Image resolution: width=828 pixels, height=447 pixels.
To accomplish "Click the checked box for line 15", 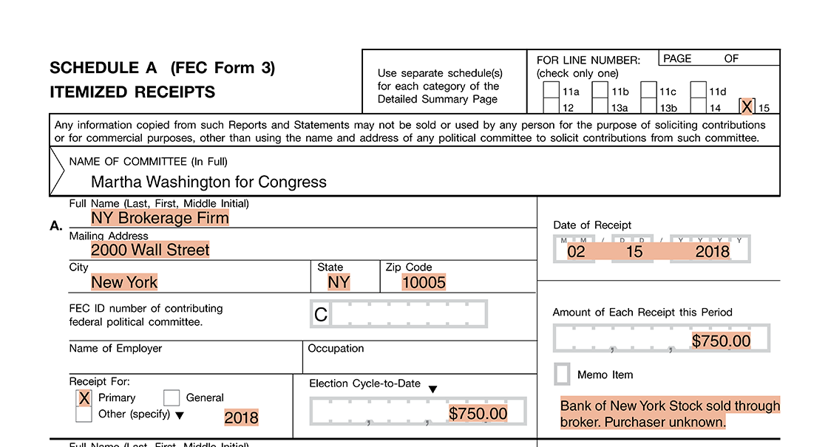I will click(747, 107).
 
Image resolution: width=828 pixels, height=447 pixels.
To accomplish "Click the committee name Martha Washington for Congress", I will click(208, 182).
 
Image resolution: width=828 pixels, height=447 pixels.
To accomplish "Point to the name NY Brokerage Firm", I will click(160, 218).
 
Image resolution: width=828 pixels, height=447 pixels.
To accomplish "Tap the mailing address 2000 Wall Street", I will click(150, 250).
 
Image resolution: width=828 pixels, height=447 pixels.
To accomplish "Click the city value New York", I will click(124, 282).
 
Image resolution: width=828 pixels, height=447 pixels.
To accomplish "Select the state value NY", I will click(339, 282).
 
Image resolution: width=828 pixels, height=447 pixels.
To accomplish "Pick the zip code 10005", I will click(424, 282).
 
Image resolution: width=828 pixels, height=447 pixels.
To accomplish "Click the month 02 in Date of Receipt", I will click(576, 251).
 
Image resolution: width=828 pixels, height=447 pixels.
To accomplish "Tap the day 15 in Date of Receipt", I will click(634, 251).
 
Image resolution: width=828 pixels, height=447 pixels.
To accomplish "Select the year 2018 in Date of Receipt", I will click(712, 251).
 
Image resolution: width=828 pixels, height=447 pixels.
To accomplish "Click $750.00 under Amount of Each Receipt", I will click(721, 341).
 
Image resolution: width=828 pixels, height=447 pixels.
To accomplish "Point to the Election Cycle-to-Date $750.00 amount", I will click(478, 414).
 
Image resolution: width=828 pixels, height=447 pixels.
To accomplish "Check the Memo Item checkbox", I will click(563, 375).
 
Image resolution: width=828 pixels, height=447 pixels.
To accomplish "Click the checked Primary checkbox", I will click(84, 398).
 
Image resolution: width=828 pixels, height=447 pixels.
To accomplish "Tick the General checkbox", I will click(172, 398).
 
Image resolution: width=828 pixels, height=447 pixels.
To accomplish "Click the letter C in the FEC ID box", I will click(321, 315).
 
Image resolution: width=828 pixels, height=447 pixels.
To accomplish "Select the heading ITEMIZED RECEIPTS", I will click(132, 92).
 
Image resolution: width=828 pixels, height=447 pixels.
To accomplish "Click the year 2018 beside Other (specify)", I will click(242, 417).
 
